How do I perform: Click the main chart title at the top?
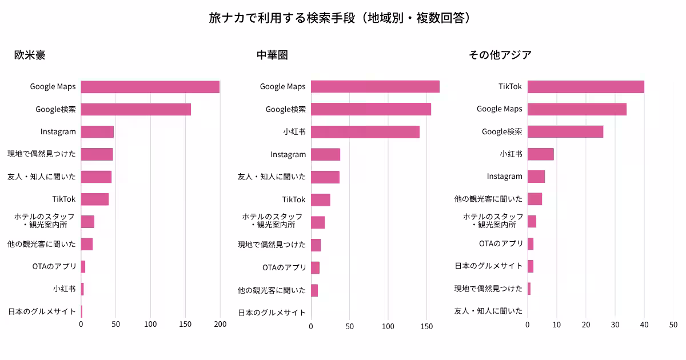(342, 18)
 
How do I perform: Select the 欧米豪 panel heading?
(30, 55)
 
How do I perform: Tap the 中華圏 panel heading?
(272, 55)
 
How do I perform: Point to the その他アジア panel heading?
(500, 55)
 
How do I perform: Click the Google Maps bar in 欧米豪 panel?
(150, 87)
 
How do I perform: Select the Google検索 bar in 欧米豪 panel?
(135, 109)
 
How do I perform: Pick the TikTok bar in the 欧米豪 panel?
(94, 199)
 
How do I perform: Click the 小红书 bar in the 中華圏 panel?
(365, 132)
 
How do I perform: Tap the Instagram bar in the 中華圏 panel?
(325, 154)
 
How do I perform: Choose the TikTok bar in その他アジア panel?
(585, 87)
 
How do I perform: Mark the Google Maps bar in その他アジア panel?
(577, 109)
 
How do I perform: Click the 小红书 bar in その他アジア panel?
(540, 154)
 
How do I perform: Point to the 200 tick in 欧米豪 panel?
(220, 325)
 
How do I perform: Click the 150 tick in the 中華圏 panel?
(426, 327)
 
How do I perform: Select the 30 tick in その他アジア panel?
(615, 325)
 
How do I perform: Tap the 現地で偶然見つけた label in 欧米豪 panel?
(41, 154)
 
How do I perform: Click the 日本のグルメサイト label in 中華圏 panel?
(272, 313)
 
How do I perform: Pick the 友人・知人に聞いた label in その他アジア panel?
(488, 311)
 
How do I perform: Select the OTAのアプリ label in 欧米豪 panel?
(54, 266)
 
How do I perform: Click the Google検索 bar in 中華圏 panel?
(370, 109)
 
